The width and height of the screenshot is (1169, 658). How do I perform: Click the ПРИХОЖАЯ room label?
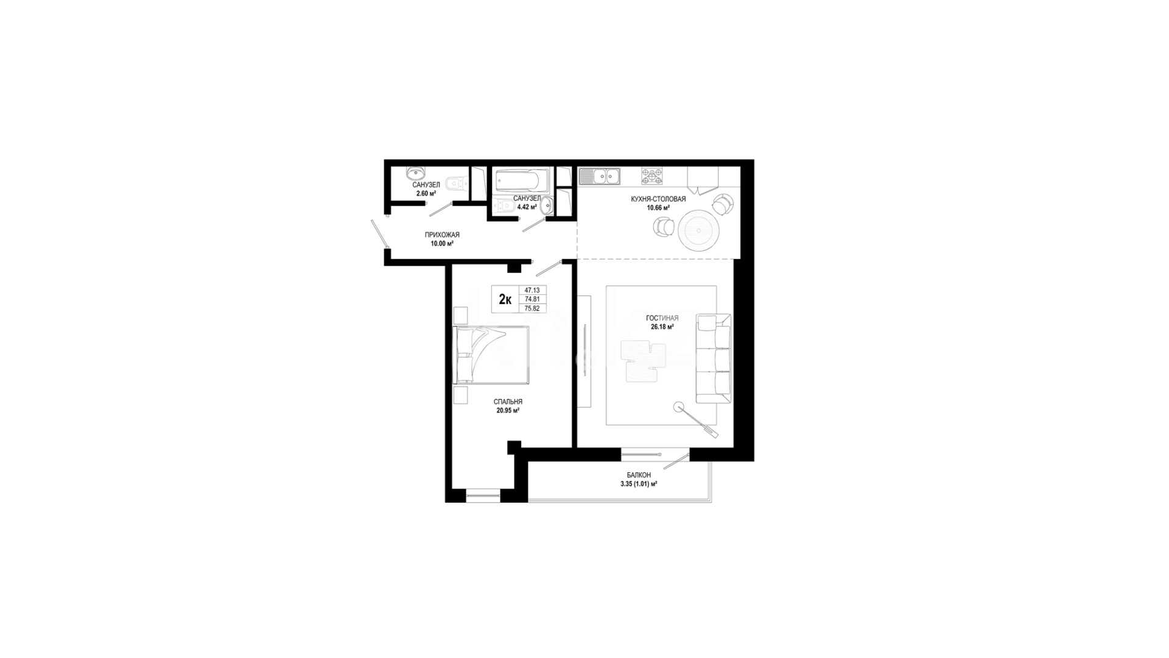click(x=442, y=235)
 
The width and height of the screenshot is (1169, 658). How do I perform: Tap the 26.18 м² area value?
click(x=662, y=327)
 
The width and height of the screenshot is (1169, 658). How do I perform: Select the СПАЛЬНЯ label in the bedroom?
click(x=508, y=402)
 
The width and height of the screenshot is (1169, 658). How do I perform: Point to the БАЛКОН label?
click(x=639, y=475)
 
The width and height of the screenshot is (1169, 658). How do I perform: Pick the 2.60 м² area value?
click(x=426, y=194)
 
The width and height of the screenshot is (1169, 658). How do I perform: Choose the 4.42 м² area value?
click(x=527, y=207)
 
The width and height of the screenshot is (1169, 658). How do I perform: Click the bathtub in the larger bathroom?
click(x=523, y=180)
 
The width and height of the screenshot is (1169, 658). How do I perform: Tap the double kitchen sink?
click(x=600, y=176)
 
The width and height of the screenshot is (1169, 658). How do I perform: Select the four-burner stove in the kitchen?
click(x=652, y=176)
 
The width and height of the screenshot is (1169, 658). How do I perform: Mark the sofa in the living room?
click(x=714, y=359)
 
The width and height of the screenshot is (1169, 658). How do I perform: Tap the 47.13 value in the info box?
click(x=532, y=291)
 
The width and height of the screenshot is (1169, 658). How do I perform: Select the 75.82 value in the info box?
click(x=532, y=308)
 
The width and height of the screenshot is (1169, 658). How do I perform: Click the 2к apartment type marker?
click(x=505, y=299)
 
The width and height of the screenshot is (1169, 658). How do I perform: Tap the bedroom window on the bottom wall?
click(x=483, y=496)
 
